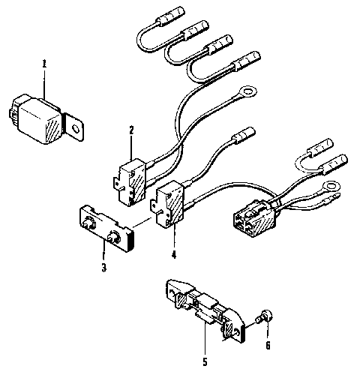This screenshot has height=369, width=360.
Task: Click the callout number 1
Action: [x=43, y=64]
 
